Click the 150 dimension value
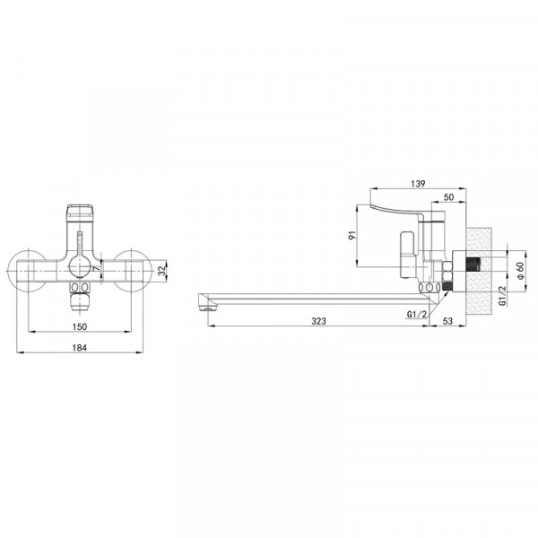coord(80,326)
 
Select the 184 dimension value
coord(80,348)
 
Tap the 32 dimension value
coord(161,271)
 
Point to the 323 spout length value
coord(318,321)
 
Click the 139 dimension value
coord(418,184)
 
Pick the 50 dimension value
coord(448,197)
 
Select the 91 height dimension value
coord(352,235)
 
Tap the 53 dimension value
coord(447,321)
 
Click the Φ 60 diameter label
coord(520,271)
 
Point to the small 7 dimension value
coord(97,268)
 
